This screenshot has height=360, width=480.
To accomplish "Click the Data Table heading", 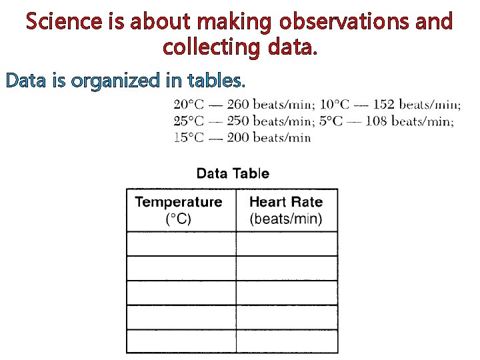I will click(233, 174).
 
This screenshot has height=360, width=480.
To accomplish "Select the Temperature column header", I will click(179, 202).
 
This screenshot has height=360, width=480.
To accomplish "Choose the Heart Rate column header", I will click(285, 202).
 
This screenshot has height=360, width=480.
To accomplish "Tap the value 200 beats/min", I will click(269, 138).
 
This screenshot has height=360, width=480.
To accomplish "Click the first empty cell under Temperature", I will click(181, 244).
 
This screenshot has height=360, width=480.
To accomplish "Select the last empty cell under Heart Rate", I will click(287, 341).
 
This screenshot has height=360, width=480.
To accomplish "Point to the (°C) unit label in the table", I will click(178, 219).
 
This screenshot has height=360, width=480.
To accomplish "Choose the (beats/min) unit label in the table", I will click(285, 219).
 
